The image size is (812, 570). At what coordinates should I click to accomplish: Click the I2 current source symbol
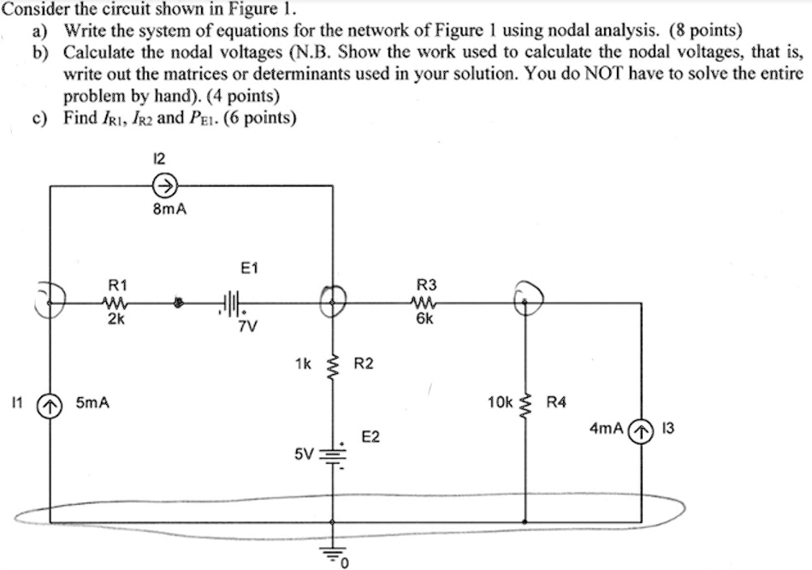165,184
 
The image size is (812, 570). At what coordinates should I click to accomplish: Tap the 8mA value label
165,207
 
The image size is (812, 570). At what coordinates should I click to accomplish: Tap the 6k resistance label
425,319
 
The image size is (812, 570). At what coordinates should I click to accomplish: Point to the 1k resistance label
302,364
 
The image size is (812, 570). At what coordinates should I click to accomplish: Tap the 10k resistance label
499,401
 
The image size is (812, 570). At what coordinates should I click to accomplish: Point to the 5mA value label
92,401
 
